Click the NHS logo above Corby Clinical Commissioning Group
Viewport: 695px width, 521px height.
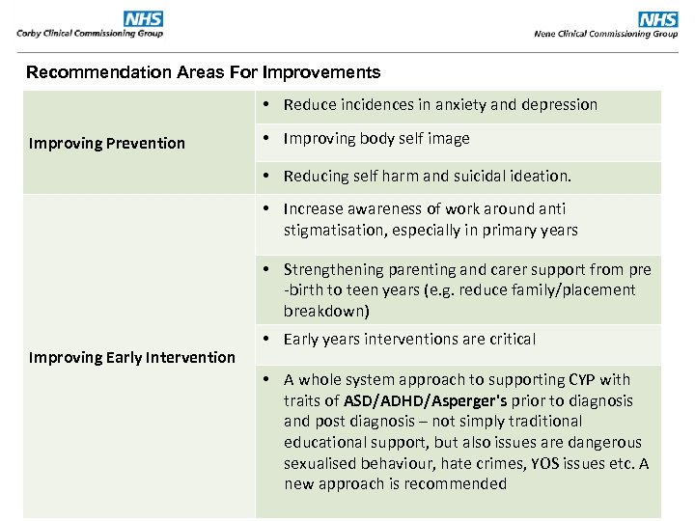point(143,19)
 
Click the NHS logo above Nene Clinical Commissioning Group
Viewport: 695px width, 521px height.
point(657,19)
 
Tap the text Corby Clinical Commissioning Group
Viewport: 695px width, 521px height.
point(90,34)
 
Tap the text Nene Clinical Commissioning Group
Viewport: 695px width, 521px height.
point(605,34)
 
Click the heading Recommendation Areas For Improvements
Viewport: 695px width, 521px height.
point(203,72)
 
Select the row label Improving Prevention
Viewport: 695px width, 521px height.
point(106,144)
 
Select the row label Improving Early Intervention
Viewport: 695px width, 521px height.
point(131,358)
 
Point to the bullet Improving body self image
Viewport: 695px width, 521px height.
point(375,139)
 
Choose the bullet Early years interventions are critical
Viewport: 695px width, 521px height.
point(409,340)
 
